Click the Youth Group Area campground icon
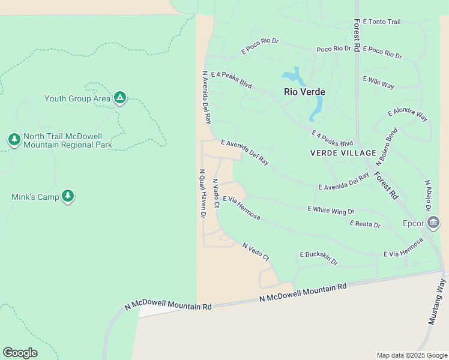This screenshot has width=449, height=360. [x=120, y=97]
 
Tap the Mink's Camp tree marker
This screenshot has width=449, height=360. [x=68, y=196]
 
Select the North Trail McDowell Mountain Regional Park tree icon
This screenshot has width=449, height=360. [x=14, y=139]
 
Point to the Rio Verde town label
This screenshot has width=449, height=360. [x=304, y=92]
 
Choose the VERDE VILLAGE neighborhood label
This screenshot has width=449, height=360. [x=343, y=153]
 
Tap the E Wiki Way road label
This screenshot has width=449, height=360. [x=378, y=82]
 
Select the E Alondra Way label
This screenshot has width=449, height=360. [x=408, y=115]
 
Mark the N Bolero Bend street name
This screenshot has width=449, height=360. [x=387, y=147]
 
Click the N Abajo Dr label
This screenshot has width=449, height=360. [x=428, y=196]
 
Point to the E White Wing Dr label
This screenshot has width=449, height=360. [x=331, y=209]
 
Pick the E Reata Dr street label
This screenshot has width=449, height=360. [x=365, y=224]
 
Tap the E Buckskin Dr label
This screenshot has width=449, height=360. [x=319, y=258]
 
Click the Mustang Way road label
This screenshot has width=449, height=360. [x=437, y=302]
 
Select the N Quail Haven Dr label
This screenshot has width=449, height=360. [x=202, y=193]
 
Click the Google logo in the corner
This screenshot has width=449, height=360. [x=20, y=353]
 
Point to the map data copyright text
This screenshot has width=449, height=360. [x=411, y=355]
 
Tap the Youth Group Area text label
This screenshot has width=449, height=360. [x=77, y=98]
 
